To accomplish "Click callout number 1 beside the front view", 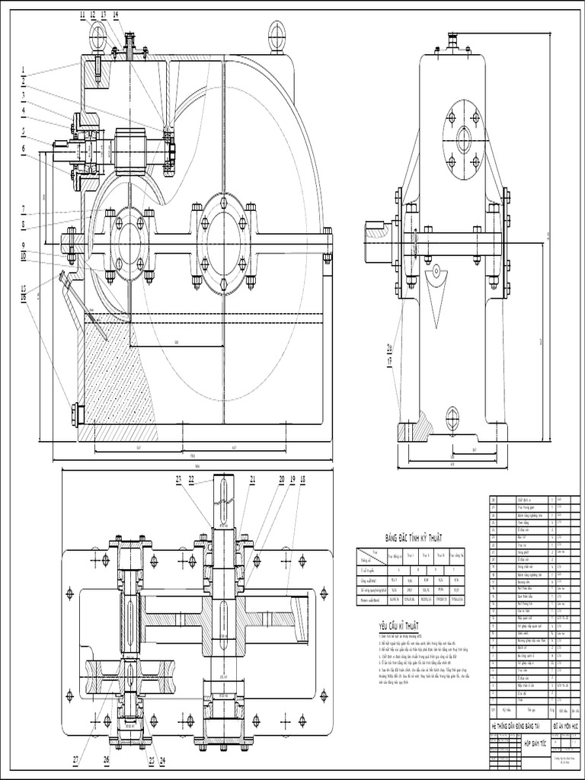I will [x=24, y=70].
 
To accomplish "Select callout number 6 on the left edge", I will [x=24, y=149].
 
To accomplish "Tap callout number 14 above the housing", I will [x=115, y=14].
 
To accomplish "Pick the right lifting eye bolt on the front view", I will [x=276, y=32].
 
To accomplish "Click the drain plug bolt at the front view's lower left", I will [x=76, y=415].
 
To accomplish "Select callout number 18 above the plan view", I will [x=302, y=479].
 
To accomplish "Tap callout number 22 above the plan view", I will [x=191, y=479].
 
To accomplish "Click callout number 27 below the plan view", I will [x=76, y=759].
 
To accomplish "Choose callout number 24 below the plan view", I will [x=163, y=759].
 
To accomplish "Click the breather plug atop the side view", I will [x=454, y=40].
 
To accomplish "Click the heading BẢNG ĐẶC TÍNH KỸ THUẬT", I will [x=413, y=539].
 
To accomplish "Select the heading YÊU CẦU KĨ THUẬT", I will [x=401, y=625].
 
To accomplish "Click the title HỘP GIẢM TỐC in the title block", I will [x=526, y=740].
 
